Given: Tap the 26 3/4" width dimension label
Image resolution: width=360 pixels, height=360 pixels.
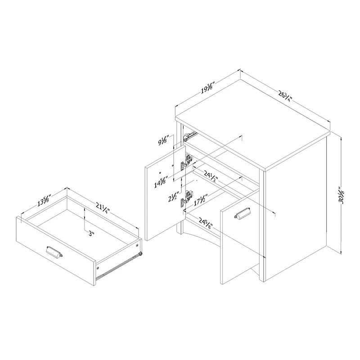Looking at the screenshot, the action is pos(285,96).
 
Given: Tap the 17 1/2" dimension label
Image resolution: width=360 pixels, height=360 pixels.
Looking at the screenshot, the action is pos(200,200).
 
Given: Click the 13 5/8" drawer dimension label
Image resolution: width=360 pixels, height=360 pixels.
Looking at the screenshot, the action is pos(44,200).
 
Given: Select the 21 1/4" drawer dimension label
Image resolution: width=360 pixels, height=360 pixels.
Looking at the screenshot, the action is pos(103,208).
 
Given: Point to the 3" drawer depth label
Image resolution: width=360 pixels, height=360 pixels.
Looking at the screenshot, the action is pos(92,234).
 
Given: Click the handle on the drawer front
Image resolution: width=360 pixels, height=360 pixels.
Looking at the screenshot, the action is pos(54,252).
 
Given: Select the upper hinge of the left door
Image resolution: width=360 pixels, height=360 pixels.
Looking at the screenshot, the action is pos(186,162).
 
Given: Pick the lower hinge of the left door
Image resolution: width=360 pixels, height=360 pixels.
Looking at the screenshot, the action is pos(186,198).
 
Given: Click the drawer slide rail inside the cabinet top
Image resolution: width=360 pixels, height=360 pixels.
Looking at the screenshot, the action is pos(189,136).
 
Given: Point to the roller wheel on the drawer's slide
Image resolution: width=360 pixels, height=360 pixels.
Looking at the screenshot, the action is pos(139,254).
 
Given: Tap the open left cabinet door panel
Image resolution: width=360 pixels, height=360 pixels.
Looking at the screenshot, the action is pos(165,193).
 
